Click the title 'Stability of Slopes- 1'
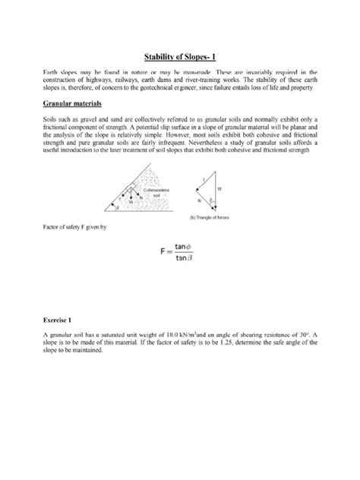point(180,56)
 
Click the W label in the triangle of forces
point(241,188)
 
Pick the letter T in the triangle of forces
point(223,178)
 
